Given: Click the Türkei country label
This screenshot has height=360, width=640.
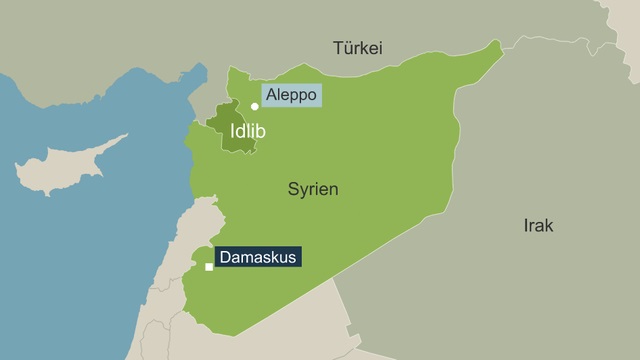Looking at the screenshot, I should [359, 47].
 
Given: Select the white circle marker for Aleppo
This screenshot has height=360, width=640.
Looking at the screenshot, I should [255, 106].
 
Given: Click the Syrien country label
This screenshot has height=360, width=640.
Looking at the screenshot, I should [313, 189].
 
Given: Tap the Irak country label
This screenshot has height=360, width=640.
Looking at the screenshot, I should [538, 226].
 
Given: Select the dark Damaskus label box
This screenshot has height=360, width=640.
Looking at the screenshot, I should [257, 257].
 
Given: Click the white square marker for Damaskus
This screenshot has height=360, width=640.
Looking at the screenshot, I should [209, 267].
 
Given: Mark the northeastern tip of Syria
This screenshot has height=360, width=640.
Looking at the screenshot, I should [497, 43].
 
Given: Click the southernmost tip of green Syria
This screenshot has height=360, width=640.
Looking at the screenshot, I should [205, 333].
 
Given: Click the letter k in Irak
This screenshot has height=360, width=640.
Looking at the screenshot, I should [549, 226].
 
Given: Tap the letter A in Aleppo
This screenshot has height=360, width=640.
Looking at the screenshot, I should [269, 96].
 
